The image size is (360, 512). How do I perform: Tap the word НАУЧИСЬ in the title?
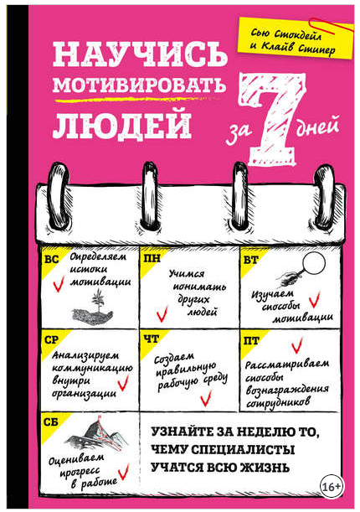click(x=140, y=54)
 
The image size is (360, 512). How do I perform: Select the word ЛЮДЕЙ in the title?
click(x=122, y=124)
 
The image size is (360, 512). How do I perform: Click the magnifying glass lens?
click(x=314, y=262)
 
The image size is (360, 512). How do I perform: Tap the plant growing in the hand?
click(x=97, y=299)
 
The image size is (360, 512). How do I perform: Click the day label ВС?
click(x=52, y=260)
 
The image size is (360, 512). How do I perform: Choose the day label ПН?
click(x=152, y=259)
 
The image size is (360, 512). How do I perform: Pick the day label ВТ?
click(x=251, y=260)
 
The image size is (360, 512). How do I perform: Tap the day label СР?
click(x=52, y=340)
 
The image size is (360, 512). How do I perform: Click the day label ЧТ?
click(x=152, y=339)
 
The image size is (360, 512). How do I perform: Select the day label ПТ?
click(x=251, y=341)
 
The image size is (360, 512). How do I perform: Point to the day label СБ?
click(x=51, y=421)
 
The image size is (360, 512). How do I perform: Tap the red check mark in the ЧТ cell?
click(x=206, y=398)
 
